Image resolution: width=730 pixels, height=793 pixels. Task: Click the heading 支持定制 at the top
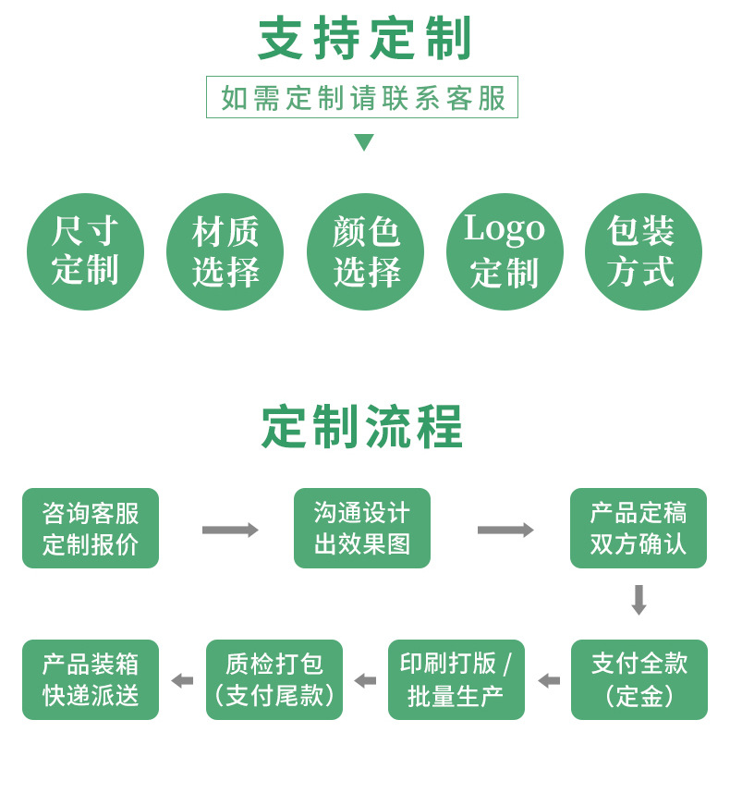(x=364, y=39)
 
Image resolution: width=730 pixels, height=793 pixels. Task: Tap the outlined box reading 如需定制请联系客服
(x=362, y=97)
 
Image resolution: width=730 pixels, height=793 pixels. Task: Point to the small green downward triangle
(x=364, y=142)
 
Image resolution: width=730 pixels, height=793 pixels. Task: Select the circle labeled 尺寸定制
(x=85, y=251)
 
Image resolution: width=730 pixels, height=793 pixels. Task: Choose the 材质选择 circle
(x=225, y=251)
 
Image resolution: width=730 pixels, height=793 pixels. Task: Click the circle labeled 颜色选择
(x=366, y=251)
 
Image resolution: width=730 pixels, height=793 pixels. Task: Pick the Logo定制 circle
(x=505, y=251)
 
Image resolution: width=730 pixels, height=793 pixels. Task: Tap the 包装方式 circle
(x=643, y=251)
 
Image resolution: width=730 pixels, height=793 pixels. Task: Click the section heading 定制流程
(x=362, y=426)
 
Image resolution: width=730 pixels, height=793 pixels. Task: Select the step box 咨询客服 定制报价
(x=91, y=528)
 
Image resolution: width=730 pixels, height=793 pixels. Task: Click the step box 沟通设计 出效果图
(x=362, y=528)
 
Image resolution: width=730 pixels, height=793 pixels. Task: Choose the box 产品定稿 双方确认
(x=639, y=528)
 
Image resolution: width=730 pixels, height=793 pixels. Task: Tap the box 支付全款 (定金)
(x=639, y=679)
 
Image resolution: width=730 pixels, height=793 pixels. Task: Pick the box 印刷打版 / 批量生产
(x=456, y=679)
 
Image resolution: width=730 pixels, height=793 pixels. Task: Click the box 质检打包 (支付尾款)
(x=274, y=679)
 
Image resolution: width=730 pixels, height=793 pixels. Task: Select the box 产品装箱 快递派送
(x=91, y=679)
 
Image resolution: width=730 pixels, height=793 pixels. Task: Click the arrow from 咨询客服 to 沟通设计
(x=230, y=530)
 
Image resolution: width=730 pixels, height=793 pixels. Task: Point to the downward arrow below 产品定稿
(x=639, y=601)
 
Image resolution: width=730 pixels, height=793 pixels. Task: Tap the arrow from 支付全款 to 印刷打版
(x=549, y=681)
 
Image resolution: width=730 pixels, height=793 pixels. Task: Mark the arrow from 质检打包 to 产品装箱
(x=182, y=681)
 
